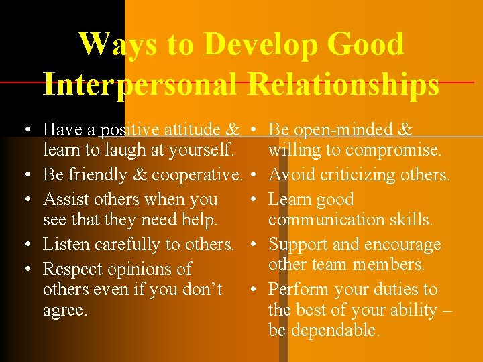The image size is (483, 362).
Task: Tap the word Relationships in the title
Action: [x=343, y=85]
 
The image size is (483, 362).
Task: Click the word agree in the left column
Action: [x=64, y=310]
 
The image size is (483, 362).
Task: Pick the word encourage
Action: [x=402, y=245]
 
